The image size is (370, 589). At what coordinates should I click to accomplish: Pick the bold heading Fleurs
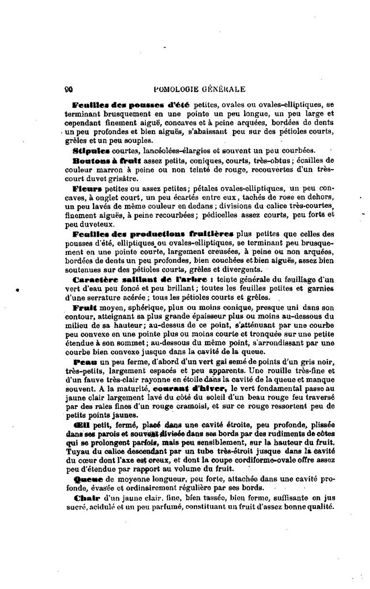[87, 187]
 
